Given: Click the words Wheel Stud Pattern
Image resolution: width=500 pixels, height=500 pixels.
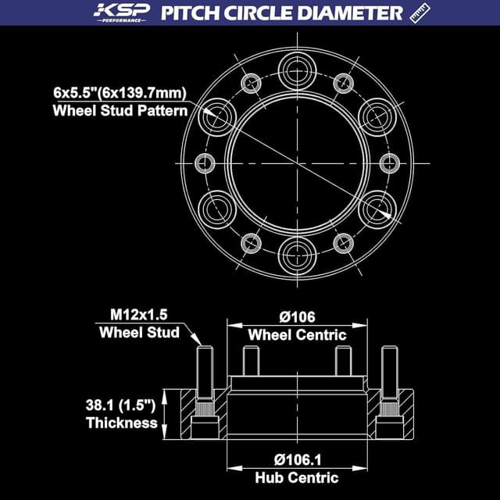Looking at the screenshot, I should [120, 110].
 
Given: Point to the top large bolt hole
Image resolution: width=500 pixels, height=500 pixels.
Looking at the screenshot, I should [298, 68].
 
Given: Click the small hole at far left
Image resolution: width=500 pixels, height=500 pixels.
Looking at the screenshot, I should [205, 162].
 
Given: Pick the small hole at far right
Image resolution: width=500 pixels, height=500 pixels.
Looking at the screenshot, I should [390, 162].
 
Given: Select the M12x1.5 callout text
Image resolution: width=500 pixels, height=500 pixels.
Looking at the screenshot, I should [137, 315].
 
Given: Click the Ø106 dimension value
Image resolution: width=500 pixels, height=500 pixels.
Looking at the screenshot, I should [297, 317].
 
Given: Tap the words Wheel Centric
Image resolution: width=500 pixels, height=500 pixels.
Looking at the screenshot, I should [297, 335].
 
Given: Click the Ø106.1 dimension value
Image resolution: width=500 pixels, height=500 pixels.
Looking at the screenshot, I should [297, 459].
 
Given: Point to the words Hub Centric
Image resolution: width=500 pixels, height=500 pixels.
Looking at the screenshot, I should [297, 477].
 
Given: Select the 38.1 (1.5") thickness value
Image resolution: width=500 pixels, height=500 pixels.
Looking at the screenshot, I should [123, 405].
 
